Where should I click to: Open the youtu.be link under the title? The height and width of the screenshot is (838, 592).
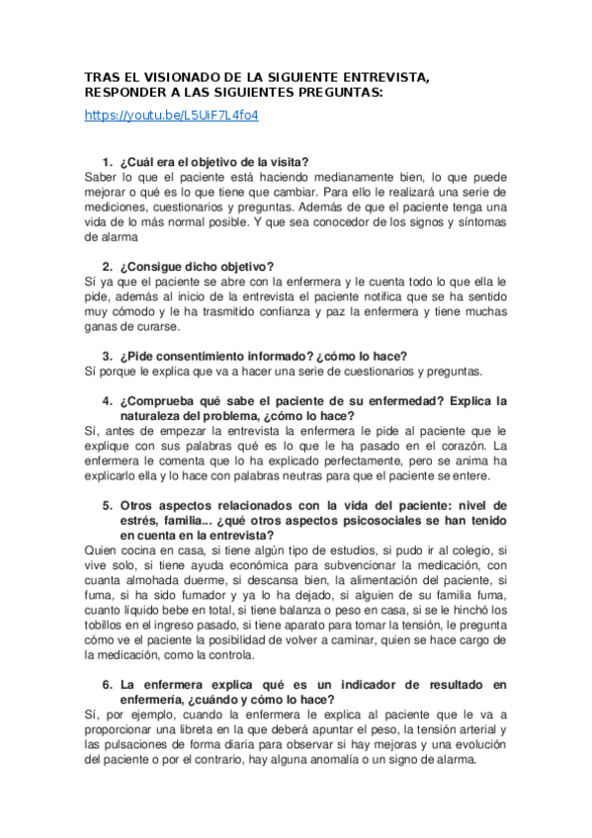click(172, 115)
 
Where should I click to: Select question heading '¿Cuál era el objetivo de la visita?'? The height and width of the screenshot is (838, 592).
click(213, 161)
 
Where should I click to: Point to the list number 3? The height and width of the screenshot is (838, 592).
click(107, 355)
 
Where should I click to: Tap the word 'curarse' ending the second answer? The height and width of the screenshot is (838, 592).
click(151, 326)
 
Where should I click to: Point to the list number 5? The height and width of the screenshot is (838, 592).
click(107, 504)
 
